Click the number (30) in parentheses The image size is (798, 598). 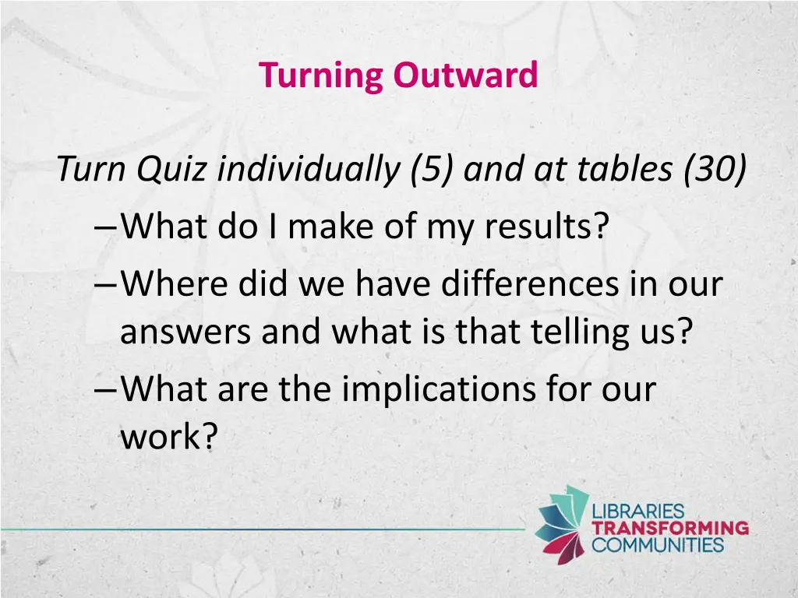pyautogui.click(x=715, y=170)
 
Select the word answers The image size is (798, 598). pyautogui.click(x=186, y=334)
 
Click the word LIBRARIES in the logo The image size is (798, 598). pyautogui.click(x=638, y=512)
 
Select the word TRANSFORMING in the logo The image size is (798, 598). pyautogui.click(x=670, y=528)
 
